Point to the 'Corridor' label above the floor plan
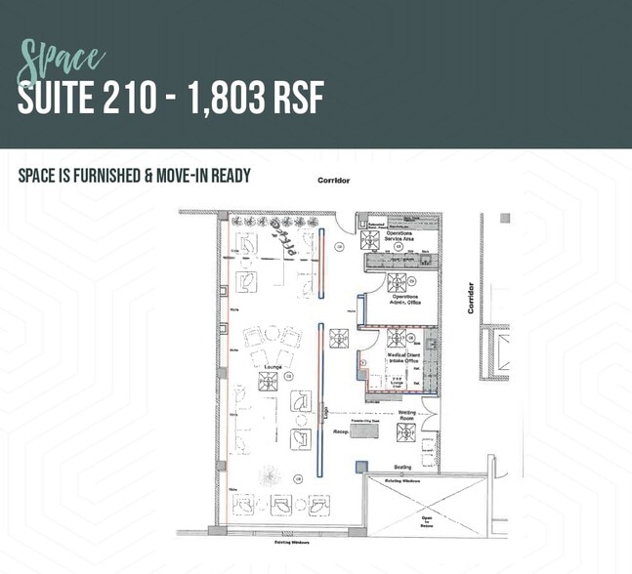tap(334, 182)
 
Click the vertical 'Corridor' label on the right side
tap(470, 298)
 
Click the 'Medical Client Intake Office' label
tap(399, 358)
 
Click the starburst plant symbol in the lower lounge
tap(267, 477)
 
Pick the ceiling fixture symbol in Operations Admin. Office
tap(397, 284)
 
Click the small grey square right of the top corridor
tap(505, 218)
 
